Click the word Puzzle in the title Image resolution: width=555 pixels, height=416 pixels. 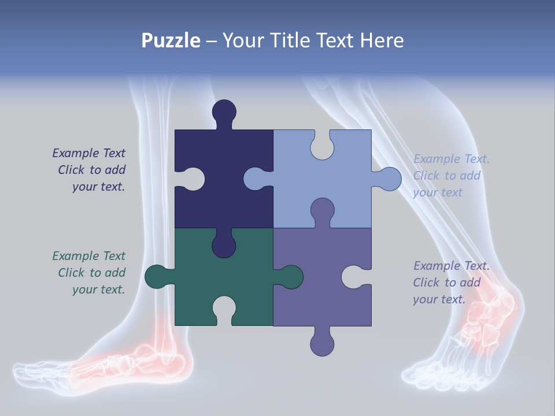171,40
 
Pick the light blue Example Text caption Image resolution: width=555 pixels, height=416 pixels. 451,176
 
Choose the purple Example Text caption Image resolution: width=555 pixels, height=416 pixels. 451,283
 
